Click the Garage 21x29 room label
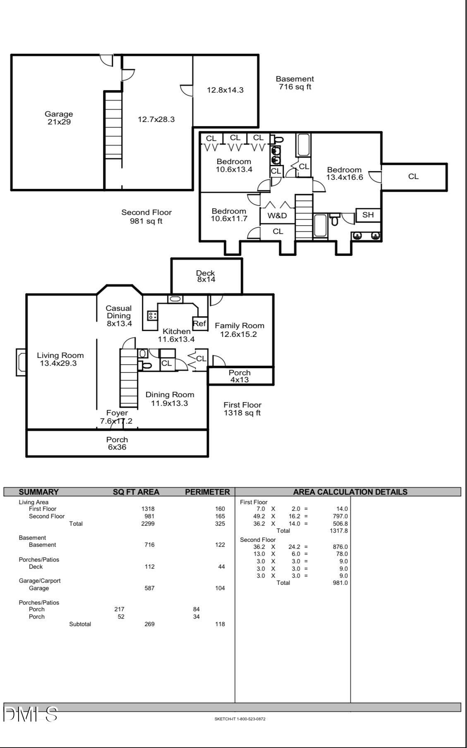tap(59, 118)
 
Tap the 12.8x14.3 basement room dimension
tap(225, 90)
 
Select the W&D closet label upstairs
tap(277, 215)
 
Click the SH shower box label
tap(368, 215)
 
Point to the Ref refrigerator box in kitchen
tap(199, 324)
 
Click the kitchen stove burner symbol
tap(152, 316)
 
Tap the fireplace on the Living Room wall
tap(21, 362)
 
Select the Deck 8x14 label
tap(206, 276)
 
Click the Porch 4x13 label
tap(239, 376)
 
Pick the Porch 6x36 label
tap(117, 443)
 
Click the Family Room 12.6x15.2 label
tap(239, 330)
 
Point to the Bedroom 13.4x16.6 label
tap(344, 174)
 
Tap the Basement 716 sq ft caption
tap(295, 83)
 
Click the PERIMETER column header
tap(207, 492)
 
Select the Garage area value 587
tap(149, 588)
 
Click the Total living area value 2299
tap(148, 524)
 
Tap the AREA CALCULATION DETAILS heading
tap(350, 492)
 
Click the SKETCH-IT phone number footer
tap(240, 719)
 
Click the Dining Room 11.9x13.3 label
tap(170, 399)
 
